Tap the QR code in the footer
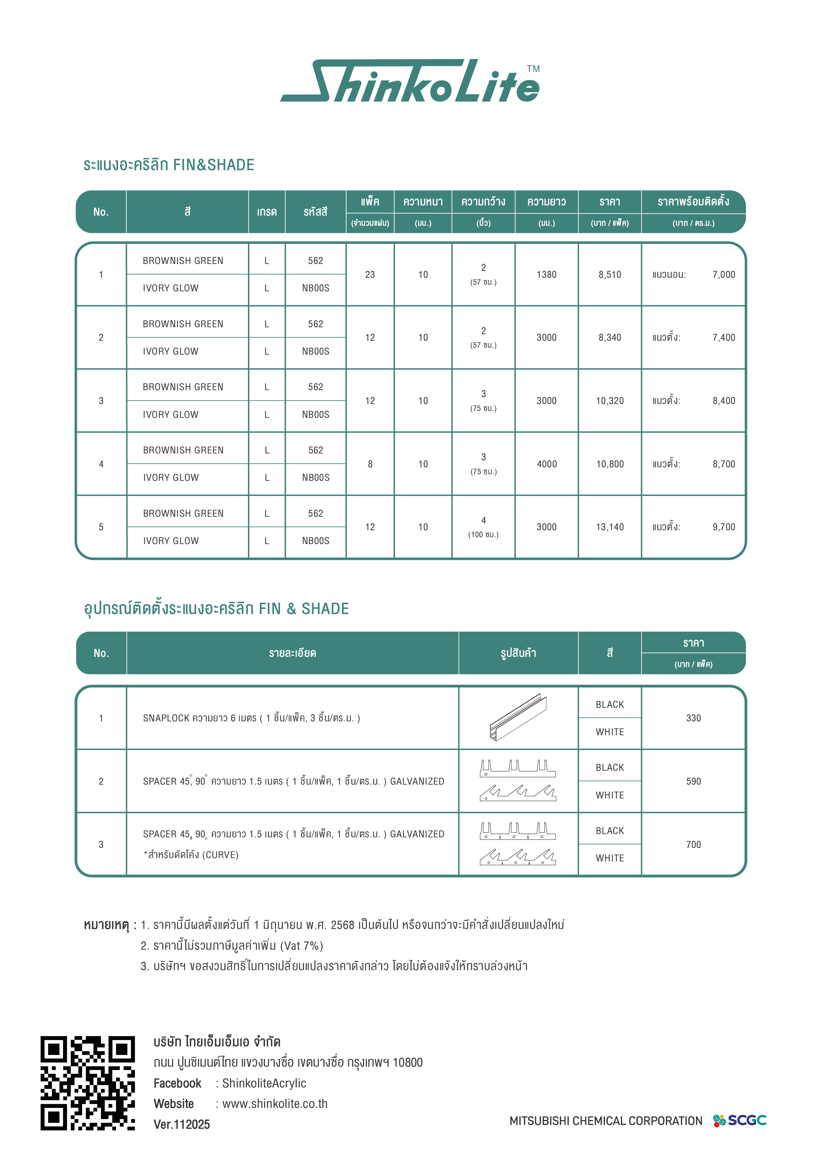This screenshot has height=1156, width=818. (88, 1083)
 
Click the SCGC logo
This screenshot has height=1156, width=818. (740, 1120)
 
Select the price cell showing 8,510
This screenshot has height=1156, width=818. (610, 275)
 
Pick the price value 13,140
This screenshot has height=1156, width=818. (610, 527)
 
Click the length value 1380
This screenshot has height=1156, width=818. (547, 275)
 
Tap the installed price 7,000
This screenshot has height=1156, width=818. (724, 275)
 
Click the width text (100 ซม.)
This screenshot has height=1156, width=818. (484, 535)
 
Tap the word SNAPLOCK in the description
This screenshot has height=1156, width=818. (166, 718)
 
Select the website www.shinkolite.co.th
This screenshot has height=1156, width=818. (275, 1104)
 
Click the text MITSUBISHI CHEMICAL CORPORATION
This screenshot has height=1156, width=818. (605, 1121)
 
